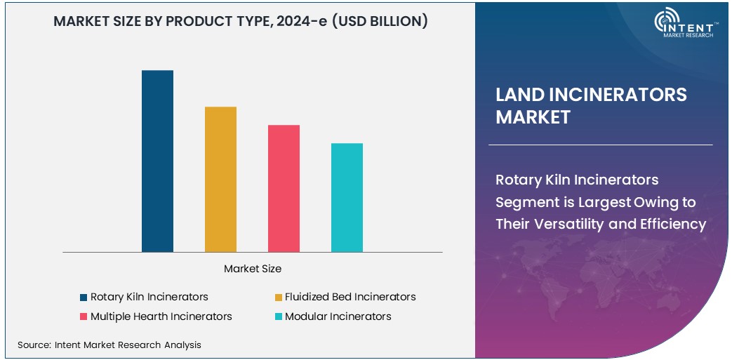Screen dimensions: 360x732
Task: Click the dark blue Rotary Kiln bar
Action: coord(157,161)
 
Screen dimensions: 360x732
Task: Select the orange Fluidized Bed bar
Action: coord(220,179)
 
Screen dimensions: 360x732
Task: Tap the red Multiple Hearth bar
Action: coord(284,188)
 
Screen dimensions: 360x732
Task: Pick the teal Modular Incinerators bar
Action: coord(347,197)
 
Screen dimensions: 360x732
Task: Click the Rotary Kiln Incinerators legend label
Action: coord(149,297)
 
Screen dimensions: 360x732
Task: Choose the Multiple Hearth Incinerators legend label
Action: coord(161,316)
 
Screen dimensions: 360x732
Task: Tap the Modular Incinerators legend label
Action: coord(338,316)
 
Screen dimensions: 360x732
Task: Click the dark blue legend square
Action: coord(84,298)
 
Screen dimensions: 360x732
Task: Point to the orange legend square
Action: coord(279,298)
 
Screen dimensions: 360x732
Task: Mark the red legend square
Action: coord(84,317)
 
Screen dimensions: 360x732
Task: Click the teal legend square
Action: coord(279,317)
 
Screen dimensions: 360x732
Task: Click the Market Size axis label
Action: coord(253,269)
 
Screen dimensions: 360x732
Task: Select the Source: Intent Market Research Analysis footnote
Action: coord(109,345)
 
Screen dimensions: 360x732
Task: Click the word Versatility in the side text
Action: coord(564,225)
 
